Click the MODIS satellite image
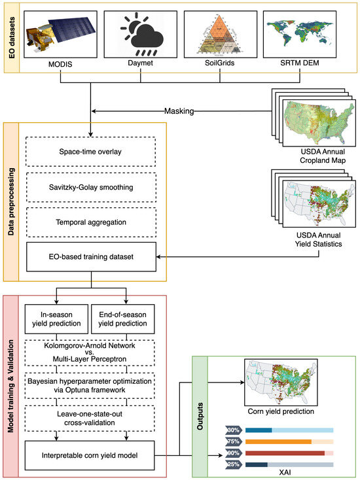pyautogui.click(x=60, y=34)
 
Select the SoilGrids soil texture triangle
pyautogui.click(x=221, y=34)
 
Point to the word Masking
pyautogui.click(x=179, y=111)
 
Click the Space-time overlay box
pyautogui.click(x=91, y=152)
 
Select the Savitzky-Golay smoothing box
pyautogui.click(x=91, y=187)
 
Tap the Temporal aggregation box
pyautogui.click(x=91, y=222)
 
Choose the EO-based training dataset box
pyautogui.click(x=91, y=257)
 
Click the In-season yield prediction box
pyautogui.click(x=56, y=319)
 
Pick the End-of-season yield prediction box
pyautogui.click(x=123, y=319)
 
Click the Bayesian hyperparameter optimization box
pyautogui.click(x=90, y=386)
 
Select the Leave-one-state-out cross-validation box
pyautogui.click(x=90, y=419)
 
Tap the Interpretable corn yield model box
pyautogui.click(x=90, y=456)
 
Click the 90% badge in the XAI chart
pyautogui.click(x=234, y=453)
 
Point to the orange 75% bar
pyautogui.click(x=278, y=441)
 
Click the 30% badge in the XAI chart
pyautogui.click(x=234, y=430)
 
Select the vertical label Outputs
pyautogui.click(x=200, y=417)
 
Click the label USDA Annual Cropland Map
pyautogui.click(x=323, y=156)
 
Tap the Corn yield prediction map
pyautogui.click(x=281, y=383)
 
